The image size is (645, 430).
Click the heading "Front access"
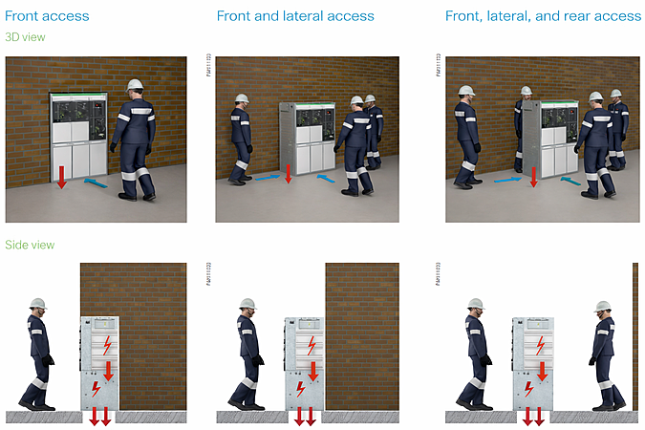pos(47,15)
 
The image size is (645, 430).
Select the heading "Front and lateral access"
pos(295,15)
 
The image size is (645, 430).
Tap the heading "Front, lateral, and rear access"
pos(543,15)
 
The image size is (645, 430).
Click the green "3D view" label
pos(25,37)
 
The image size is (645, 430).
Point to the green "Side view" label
pos(30,246)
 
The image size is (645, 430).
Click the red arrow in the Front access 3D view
pos(61,177)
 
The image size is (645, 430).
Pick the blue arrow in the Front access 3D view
pos(95,181)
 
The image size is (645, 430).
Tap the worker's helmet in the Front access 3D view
pos(135,84)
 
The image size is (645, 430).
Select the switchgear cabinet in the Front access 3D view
pos(80,134)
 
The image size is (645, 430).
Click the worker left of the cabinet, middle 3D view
pos(241,139)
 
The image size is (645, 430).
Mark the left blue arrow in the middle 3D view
pos(269,176)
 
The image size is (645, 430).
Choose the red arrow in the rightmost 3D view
pos(534,176)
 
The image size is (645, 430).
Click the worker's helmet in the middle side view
pos(247,304)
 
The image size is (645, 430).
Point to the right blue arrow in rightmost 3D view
pos(571,179)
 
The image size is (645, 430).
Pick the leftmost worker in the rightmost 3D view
pos(467,139)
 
